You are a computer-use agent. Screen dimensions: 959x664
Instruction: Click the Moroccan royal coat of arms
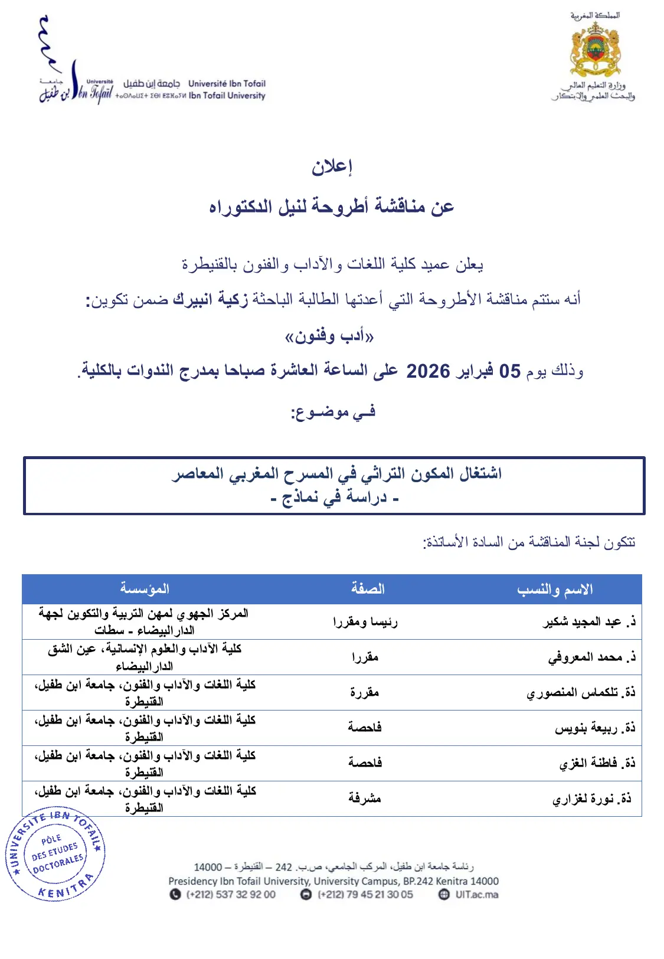pyautogui.click(x=595, y=50)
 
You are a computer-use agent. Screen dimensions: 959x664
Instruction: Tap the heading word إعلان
pyautogui.click(x=332, y=167)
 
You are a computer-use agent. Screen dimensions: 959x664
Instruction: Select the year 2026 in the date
pyautogui.click(x=428, y=371)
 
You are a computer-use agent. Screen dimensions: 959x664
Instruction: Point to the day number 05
pyautogui.click(x=510, y=371)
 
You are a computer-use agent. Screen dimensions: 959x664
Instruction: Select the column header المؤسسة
pyautogui.click(x=145, y=588)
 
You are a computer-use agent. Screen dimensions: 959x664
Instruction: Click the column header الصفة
pyautogui.click(x=367, y=588)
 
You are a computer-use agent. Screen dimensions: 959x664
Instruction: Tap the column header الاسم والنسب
pyautogui.click(x=555, y=589)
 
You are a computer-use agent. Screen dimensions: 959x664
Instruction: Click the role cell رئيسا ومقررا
pyautogui.click(x=365, y=621)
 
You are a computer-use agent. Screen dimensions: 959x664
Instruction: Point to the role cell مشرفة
pyautogui.click(x=365, y=798)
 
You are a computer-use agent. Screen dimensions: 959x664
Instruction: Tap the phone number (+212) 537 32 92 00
pyautogui.click(x=231, y=894)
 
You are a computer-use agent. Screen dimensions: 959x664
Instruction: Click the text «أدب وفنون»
pyautogui.click(x=329, y=336)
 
